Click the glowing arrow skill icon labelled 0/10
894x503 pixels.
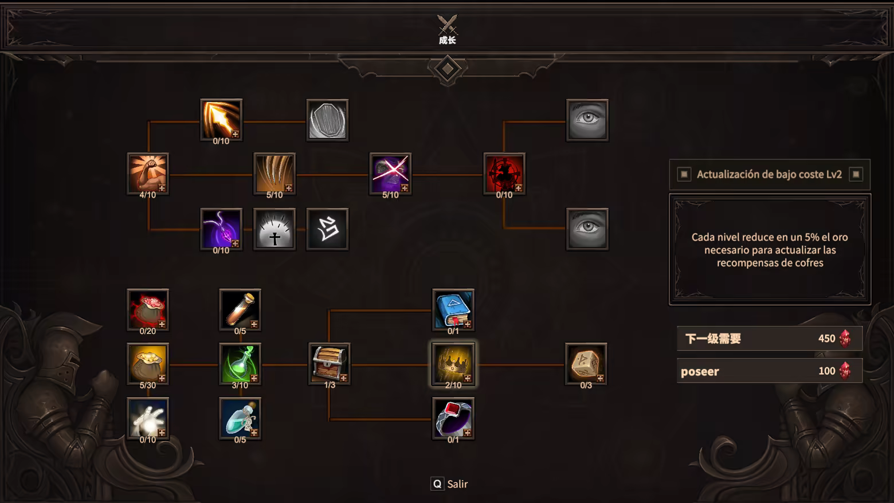pos(221,119)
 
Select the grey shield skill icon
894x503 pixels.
pos(327,120)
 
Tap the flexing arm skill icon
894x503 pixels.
pos(148,174)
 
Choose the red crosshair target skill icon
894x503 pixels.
pos(504,174)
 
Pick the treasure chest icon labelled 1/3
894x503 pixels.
pos(330,363)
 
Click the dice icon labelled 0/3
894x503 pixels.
pos(586,363)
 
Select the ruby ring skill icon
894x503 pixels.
pos(453,418)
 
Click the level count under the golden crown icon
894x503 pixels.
pos(453,386)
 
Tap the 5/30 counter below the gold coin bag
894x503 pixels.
pos(148,386)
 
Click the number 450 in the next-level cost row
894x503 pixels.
pos(826,339)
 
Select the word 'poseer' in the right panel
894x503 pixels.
pos(700,372)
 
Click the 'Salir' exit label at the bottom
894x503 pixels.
pos(457,484)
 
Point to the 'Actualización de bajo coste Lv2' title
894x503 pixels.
pos(769,174)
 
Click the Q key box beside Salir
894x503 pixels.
pos(437,484)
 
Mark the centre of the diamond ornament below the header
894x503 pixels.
pos(448,69)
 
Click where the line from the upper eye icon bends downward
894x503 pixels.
pos(504,121)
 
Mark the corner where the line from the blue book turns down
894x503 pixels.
pos(329,310)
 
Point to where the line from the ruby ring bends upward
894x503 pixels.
pos(329,419)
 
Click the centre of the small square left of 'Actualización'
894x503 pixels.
pos(684,174)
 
